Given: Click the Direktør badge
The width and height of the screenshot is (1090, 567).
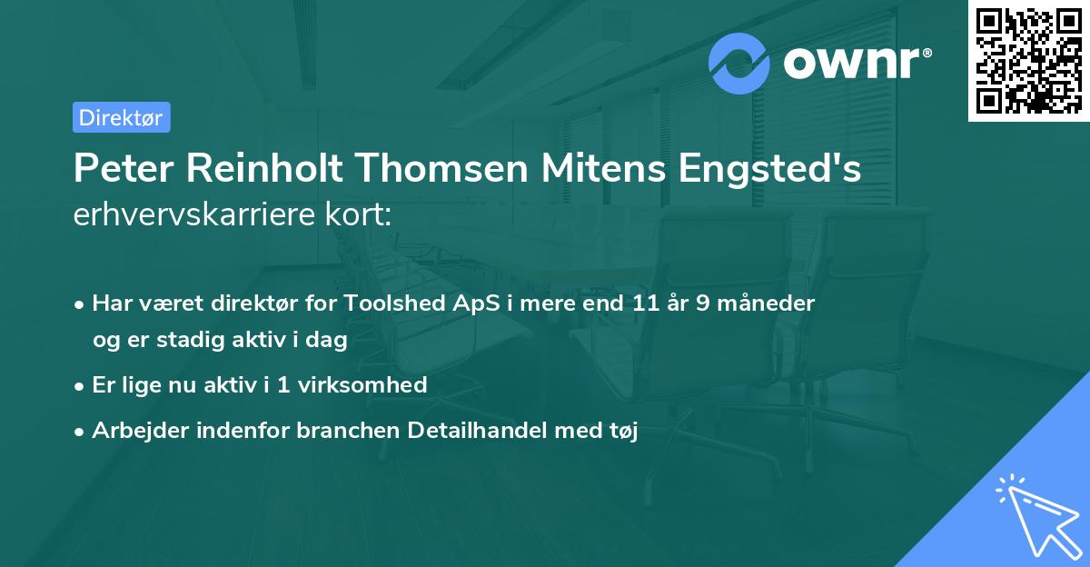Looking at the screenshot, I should (x=121, y=117).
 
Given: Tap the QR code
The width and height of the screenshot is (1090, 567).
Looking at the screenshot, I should (x=1028, y=60).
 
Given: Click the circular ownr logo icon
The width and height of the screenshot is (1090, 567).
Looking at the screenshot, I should (x=739, y=63).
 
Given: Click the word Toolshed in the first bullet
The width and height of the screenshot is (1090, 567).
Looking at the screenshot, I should (x=393, y=303).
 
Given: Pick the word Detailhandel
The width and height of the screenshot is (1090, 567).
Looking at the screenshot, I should (x=467, y=430).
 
